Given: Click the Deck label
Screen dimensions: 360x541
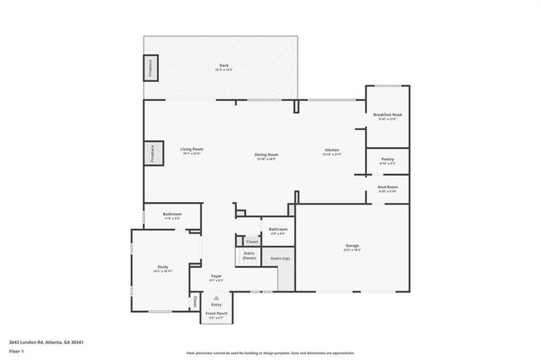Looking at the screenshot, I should coord(223,67).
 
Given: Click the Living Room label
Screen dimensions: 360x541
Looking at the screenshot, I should coord(191,150).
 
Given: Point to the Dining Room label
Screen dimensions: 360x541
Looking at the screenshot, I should coord(267,155).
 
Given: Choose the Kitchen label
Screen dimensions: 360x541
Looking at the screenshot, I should coord(331,151).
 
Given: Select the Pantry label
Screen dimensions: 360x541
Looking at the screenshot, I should coord(387,160).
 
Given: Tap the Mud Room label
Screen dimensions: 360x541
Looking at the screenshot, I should coord(387,188).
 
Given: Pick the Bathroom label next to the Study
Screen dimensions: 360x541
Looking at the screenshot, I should coord(172,215).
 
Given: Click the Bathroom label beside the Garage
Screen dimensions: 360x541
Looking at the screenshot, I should coord(278,230).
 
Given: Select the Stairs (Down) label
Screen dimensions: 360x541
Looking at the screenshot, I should coord(249,254).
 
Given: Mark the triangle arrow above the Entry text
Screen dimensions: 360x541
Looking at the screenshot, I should coord(216,298).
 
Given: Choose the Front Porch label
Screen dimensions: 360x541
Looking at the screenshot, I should coord(216,314).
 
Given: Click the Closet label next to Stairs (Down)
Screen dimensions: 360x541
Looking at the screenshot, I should coord(252,242).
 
